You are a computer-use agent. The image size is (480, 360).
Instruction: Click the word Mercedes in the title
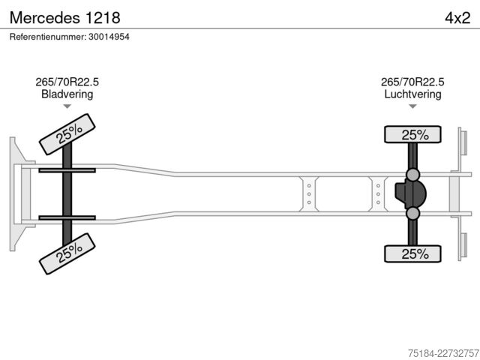tap(45, 18)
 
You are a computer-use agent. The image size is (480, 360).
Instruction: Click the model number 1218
tap(103, 18)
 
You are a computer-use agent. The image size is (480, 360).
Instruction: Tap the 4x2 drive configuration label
tap(457, 18)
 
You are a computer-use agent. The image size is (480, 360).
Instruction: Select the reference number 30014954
tap(109, 37)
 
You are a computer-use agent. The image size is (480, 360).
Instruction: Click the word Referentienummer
tap(48, 37)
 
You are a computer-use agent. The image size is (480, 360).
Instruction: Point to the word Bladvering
tap(67, 94)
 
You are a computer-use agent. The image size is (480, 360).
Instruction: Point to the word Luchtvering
tap(412, 94)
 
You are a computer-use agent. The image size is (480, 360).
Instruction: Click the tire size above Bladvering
tap(67, 82)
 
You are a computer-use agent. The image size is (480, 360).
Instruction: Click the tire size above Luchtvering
tap(412, 82)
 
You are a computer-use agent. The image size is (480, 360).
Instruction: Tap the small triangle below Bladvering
tap(67, 106)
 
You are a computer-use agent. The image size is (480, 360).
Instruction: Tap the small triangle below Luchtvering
tap(412, 106)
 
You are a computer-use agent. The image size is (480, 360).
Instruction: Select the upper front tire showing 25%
tap(67, 134)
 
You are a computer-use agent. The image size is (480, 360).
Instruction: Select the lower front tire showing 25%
tap(67, 253)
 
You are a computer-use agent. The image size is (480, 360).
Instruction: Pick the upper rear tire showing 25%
tap(412, 134)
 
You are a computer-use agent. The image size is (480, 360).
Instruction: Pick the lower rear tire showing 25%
tap(412, 253)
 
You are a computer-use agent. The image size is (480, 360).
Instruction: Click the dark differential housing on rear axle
tap(410, 193)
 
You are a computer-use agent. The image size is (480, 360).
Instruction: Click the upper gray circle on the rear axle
tap(413, 175)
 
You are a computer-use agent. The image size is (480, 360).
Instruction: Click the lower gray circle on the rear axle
tap(413, 213)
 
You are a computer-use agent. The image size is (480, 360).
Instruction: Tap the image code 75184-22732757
tap(443, 353)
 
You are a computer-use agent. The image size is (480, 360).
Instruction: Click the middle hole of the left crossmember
tap(309, 194)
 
